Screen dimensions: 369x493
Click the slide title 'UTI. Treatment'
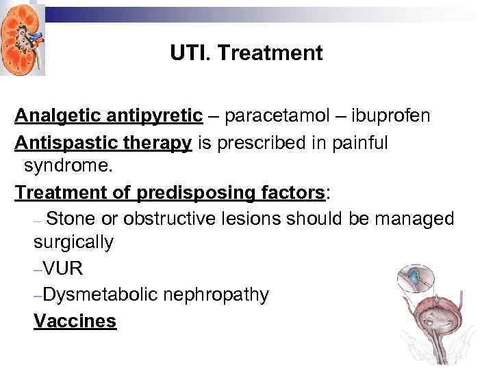(x=246, y=54)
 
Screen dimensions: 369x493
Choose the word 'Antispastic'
(x=65, y=143)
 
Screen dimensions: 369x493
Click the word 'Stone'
(x=72, y=219)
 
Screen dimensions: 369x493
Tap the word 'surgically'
(x=73, y=243)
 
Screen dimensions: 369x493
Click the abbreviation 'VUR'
(x=62, y=269)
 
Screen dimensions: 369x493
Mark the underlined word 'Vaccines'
(x=75, y=321)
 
